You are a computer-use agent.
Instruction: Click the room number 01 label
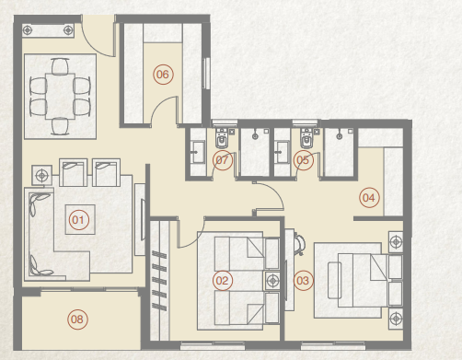[78, 219]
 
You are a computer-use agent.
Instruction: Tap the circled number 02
[222, 279]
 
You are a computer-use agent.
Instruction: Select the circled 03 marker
[303, 279]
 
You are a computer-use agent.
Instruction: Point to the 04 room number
[369, 197]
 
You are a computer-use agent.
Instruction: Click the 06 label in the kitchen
[163, 75]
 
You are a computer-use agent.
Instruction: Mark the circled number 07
[222, 160]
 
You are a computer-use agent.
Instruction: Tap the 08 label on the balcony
[78, 319]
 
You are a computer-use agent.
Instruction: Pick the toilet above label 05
[306, 139]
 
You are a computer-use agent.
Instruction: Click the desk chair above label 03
[299, 241]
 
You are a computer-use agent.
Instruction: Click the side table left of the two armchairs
[40, 172]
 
